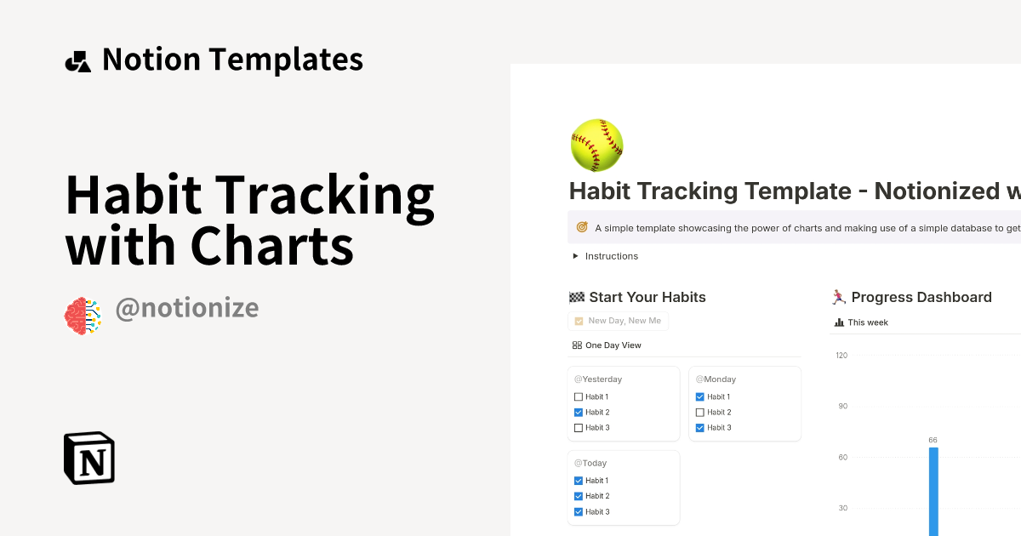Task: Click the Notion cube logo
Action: pos(89,458)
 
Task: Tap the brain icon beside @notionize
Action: pos(83,316)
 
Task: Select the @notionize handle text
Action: pos(186,308)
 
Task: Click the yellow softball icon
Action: pos(596,145)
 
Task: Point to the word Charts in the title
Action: pos(271,247)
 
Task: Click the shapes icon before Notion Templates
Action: pos(77,61)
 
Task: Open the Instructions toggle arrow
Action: pos(576,256)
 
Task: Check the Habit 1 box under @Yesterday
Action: pos(579,397)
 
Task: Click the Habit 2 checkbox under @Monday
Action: pos(699,413)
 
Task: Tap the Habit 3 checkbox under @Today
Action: pos(579,512)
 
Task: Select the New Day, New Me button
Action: pos(619,321)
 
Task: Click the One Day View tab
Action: pos(607,345)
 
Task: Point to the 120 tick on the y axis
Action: pos(841,355)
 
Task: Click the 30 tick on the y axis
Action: pos(842,508)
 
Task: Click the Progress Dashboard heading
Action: pos(921,297)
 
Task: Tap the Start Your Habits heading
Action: pos(647,297)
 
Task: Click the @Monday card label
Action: pos(716,379)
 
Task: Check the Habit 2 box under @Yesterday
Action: pos(579,413)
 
